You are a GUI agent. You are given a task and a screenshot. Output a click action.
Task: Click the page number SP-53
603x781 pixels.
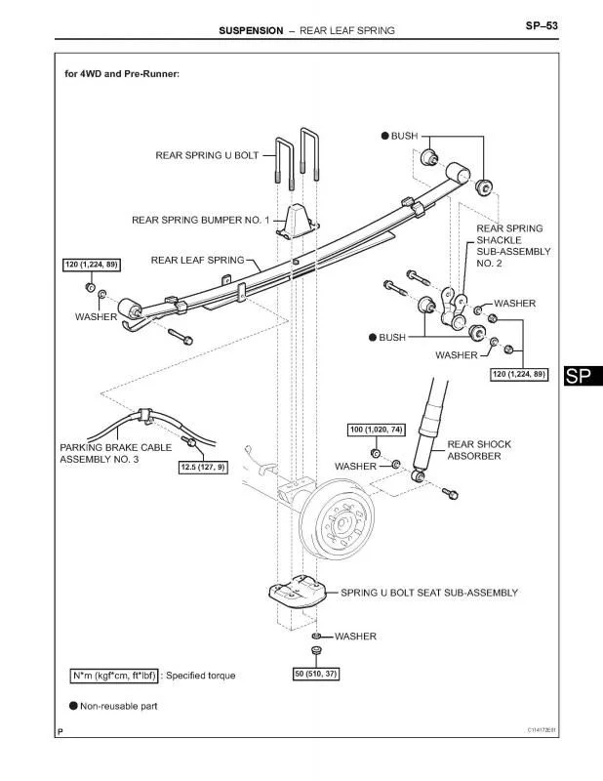(x=542, y=25)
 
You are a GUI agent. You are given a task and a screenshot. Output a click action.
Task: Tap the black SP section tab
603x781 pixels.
(x=583, y=376)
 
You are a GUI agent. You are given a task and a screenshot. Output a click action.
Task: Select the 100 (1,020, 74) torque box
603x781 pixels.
(x=376, y=430)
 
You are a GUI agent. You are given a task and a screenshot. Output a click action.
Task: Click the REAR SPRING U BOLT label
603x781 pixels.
(x=207, y=155)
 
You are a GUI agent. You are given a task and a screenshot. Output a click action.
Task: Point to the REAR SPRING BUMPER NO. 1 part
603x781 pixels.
(x=298, y=221)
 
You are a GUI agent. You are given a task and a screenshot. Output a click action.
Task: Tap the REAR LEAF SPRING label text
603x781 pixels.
(x=198, y=260)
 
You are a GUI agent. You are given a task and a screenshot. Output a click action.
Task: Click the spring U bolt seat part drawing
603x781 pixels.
(x=297, y=592)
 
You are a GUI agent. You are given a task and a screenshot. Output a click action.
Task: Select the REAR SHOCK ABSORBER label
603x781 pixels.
(x=479, y=450)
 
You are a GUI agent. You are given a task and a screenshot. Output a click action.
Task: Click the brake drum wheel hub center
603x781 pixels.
(x=342, y=524)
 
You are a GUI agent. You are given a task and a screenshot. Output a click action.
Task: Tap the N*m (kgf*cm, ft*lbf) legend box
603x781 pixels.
(x=113, y=676)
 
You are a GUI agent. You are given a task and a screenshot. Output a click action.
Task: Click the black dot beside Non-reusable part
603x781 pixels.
(x=74, y=706)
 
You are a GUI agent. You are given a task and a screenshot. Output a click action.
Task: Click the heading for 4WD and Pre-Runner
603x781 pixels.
(x=122, y=74)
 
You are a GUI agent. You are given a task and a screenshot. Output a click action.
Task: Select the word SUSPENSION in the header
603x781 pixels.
(x=251, y=30)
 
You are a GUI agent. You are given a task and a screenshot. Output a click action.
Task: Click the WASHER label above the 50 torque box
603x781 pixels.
(x=355, y=637)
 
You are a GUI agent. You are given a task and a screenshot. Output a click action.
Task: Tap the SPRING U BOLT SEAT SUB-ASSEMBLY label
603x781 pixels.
(x=429, y=593)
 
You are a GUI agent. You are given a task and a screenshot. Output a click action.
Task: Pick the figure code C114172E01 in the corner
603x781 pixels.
(x=542, y=730)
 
